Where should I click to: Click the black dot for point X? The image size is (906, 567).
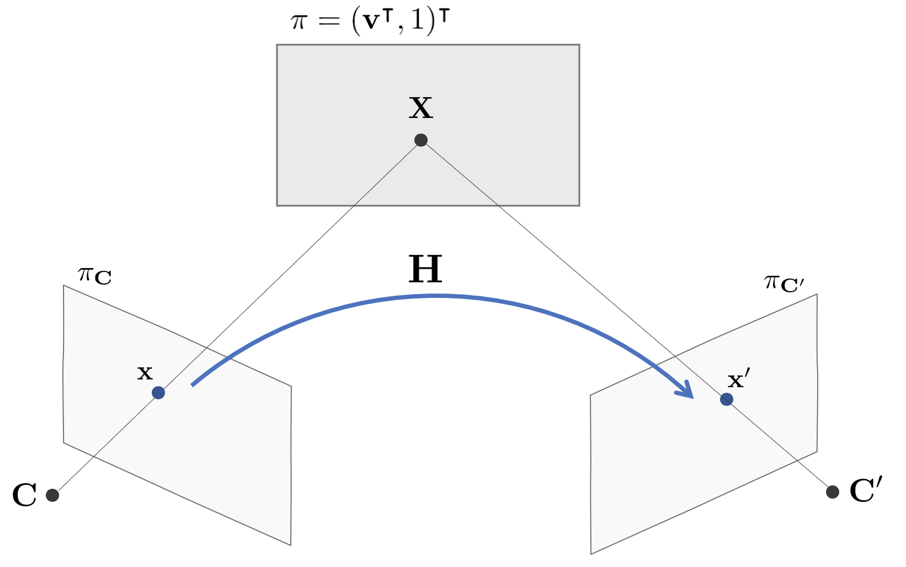[421, 140]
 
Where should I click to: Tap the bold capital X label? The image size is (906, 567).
[420, 108]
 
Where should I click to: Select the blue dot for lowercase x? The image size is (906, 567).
[158, 393]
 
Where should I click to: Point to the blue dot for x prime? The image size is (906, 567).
[727, 399]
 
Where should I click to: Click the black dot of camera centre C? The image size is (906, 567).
[52, 495]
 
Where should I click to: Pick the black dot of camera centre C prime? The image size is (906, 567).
[833, 491]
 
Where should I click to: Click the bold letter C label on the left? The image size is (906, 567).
[24, 495]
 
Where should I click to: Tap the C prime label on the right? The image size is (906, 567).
[866, 490]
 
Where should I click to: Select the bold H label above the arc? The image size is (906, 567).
[425, 270]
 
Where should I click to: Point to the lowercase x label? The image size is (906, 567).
[145, 373]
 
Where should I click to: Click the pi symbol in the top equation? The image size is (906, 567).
[298, 23]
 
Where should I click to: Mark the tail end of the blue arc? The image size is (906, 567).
[193, 385]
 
